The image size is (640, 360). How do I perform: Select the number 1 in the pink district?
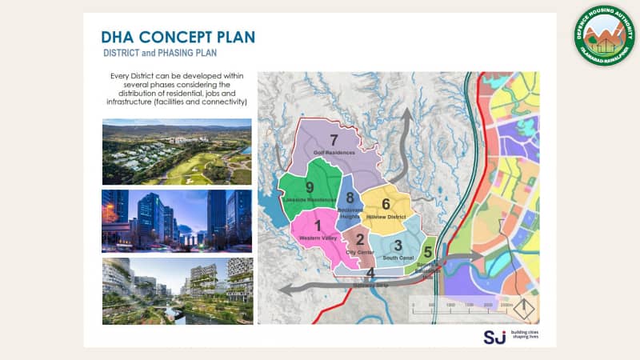(317, 226)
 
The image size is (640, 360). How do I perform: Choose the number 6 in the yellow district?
(385, 204)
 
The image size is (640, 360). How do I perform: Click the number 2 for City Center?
(359, 239)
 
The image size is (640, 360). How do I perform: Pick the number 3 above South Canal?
(398, 245)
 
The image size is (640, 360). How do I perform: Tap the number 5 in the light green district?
(428, 251)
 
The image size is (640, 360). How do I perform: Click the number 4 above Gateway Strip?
(370, 273)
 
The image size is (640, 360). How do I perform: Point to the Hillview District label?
(388, 216)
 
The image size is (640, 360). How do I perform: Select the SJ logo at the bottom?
(494, 336)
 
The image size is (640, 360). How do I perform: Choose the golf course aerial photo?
(177, 151)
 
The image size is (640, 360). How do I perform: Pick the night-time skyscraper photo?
(177, 221)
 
